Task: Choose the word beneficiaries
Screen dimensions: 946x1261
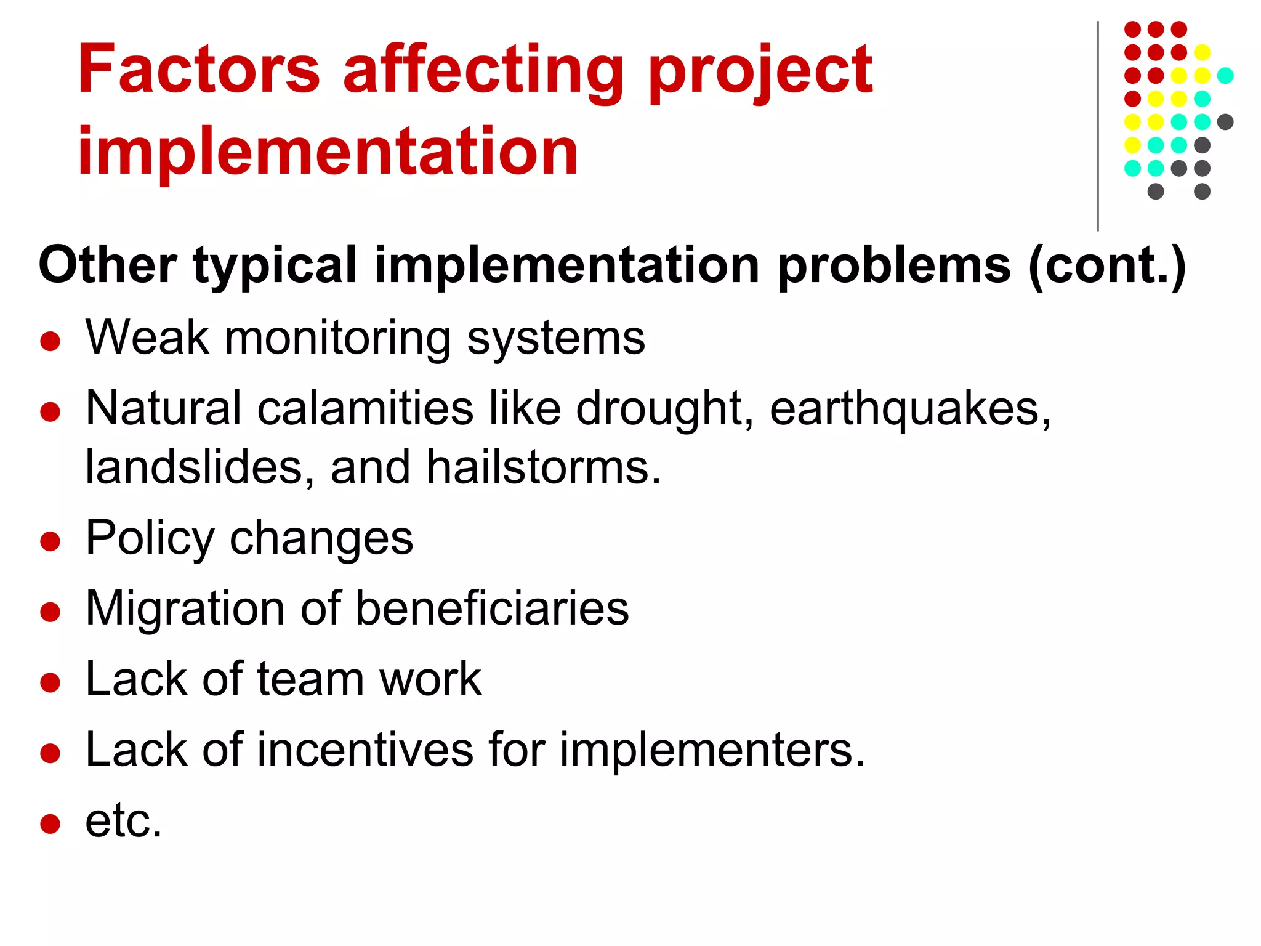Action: tap(492, 608)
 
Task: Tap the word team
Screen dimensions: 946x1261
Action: tap(310, 679)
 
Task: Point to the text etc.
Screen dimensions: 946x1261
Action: tap(123, 821)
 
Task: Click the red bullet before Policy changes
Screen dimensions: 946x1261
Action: tap(50, 541)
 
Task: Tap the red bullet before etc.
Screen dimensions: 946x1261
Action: tap(50, 823)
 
